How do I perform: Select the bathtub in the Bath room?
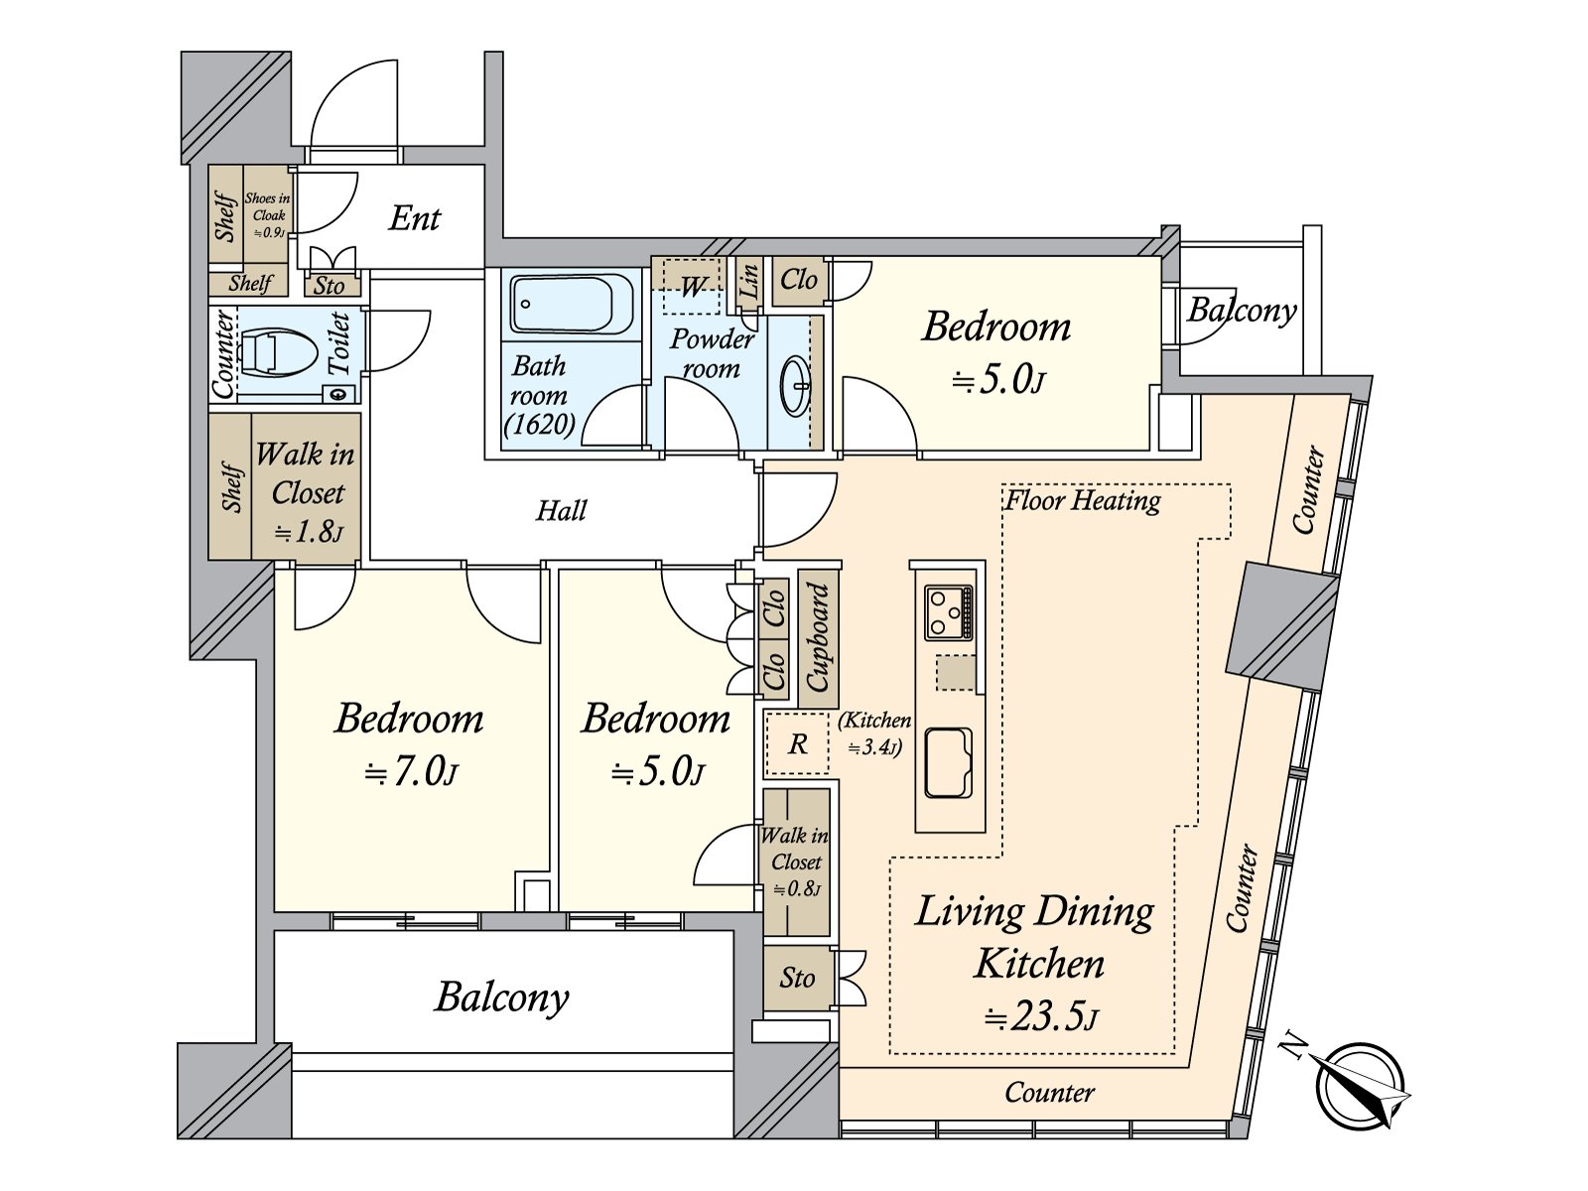click(x=572, y=305)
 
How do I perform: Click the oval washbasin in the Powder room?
click(x=796, y=386)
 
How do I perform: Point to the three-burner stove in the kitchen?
click(x=950, y=612)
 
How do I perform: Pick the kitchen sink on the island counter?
click(x=949, y=763)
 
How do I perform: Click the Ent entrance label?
click(x=415, y=217)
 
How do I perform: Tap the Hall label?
click(x=562, y=510)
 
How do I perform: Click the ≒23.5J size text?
click(x=1041, y=1018)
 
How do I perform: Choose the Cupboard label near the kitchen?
click(x=818, y=637)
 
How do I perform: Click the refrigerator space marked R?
click(x=797, y=743)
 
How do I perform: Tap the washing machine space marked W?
click(x=692, y=287)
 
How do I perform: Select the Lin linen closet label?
click(x=749, y=281)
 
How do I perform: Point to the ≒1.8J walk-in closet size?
click(x=309, y=533)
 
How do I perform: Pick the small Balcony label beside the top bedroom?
click(x=1243, y=311)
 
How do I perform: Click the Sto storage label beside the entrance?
click(x=329, y=286)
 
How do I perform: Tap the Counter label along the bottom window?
click(x=1050, y=1092)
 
